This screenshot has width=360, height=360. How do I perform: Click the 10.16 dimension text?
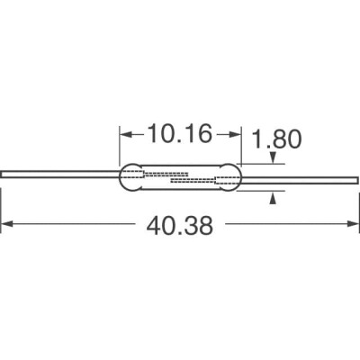click(179, 136)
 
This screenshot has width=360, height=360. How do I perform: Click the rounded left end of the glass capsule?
click(127, 177)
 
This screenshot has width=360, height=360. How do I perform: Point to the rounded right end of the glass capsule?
click(236, 183)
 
